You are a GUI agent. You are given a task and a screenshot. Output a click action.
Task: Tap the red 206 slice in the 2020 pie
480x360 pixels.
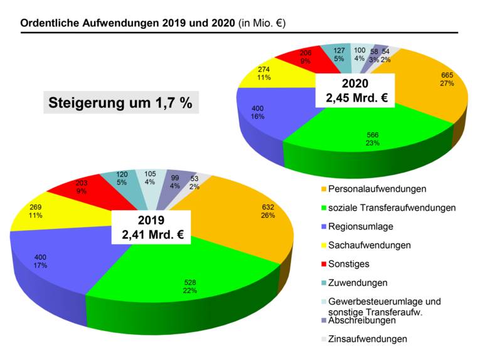(x=305, y=58)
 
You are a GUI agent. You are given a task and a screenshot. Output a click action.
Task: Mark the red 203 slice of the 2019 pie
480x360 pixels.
(x=82, y=188)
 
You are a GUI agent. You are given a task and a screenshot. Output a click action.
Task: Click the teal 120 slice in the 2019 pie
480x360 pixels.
(x=123, y=179)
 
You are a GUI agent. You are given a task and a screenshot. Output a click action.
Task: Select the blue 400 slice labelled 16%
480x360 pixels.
(x=264, y=113)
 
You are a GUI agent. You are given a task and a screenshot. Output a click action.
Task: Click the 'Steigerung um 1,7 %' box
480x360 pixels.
(x=120, y=103)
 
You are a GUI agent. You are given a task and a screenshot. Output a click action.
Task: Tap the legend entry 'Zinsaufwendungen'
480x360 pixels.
(x=368, y=339)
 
